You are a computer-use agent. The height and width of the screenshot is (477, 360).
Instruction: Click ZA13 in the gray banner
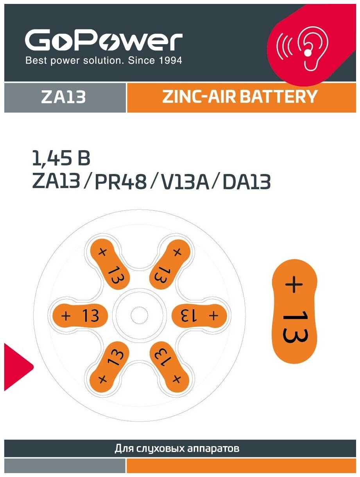click(63, 97)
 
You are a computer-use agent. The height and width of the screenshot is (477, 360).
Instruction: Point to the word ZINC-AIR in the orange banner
click(199, 97)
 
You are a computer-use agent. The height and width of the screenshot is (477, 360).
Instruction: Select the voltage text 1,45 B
click(61, 159)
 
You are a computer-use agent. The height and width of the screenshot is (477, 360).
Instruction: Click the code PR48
click(121, 182)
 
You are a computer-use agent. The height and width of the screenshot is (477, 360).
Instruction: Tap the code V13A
click(180, 182)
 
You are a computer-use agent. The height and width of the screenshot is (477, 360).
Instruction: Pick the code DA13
click(246, 182)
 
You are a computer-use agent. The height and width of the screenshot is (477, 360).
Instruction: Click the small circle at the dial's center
click(139, 316)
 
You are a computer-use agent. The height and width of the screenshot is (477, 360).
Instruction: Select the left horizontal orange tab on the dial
click(81, 316)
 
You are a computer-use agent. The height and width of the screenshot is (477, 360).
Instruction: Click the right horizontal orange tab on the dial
click(199, 316)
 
